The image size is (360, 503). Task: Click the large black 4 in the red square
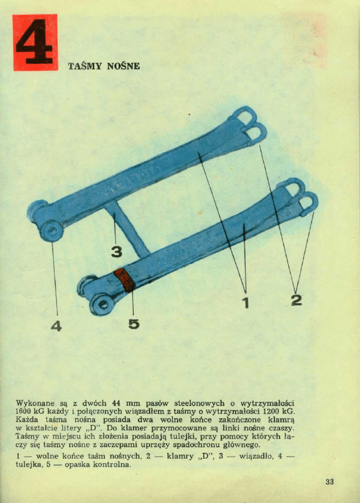coord(35,42)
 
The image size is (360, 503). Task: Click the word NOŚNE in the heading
coord(123,66)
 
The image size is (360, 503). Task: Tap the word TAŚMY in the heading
coord(85,66)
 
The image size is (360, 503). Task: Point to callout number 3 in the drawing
coord(117,252)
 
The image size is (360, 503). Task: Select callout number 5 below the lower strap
coord(134,323)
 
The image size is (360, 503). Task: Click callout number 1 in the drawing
coord(246,302)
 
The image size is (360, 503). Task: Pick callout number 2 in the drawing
coord(297,300)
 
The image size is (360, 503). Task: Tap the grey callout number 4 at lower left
coord(56,326)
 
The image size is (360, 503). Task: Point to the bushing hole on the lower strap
coord(103,303)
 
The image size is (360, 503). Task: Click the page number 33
coord(330,481)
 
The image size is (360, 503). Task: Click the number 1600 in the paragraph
coord(24,412)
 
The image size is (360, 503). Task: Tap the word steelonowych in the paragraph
coord(200,403)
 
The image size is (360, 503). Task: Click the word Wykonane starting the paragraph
coord(35,403)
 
